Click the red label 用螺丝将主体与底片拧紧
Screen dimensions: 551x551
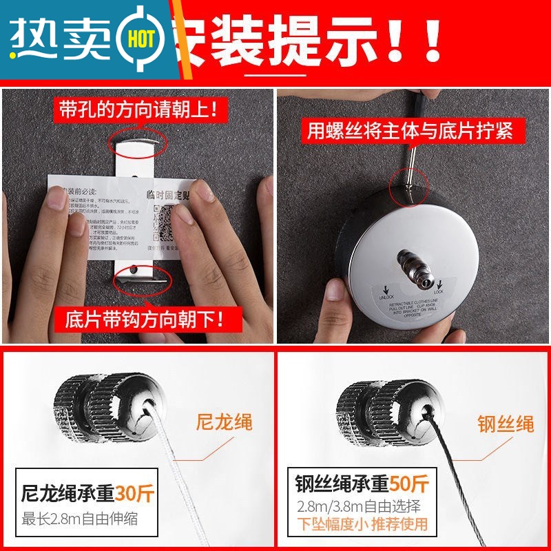(410, 130)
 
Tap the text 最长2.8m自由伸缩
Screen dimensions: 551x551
(79, 519)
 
